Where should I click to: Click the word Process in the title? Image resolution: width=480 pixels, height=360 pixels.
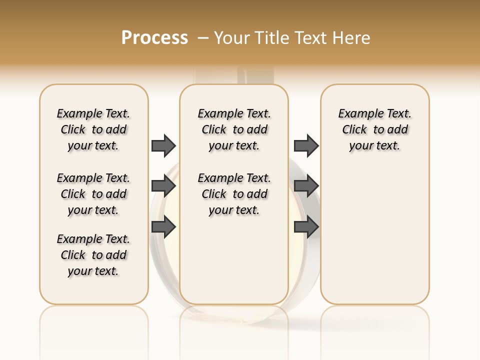(154, 38)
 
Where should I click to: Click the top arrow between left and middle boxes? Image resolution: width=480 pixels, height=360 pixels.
(163, 145)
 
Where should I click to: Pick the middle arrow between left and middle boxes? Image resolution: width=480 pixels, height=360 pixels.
(163, 186)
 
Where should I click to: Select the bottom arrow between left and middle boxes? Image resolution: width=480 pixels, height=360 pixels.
(163, 227)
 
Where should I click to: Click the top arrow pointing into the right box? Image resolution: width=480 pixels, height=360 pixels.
(306, 145)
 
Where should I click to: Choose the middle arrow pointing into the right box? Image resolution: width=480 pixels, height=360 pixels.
(306, 186)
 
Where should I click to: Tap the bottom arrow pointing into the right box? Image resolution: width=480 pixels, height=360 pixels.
(306, 227)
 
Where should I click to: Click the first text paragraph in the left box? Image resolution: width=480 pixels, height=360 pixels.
(93, 129)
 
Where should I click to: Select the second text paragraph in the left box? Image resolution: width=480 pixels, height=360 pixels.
(93, 194)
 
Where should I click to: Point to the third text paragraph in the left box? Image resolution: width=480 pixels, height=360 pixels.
(93, 255)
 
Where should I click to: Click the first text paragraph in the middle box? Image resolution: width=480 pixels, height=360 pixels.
(234, 129)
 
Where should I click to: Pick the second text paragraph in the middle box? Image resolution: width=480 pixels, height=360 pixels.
(234, 194)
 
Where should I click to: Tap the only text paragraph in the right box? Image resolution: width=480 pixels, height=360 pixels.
(374, 129)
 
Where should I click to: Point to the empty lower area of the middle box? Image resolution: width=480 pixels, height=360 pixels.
(234, 260)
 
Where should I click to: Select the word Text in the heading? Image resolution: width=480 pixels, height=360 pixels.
(310, 38)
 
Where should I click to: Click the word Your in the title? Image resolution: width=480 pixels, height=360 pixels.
(231, 38)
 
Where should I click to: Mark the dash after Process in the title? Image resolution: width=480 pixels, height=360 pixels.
(203, 38)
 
